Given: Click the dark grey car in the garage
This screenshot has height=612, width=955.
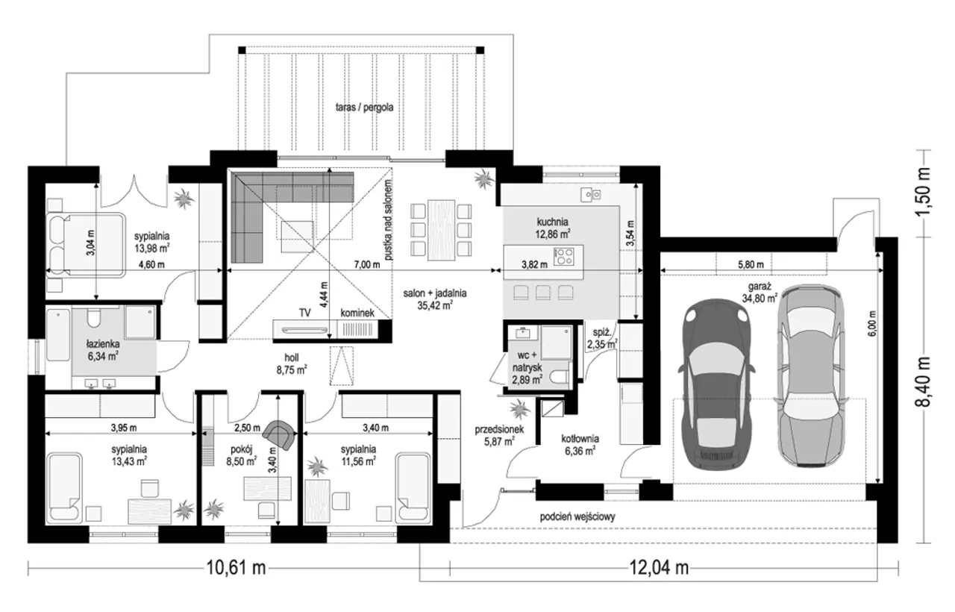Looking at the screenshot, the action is (x=718, y=384).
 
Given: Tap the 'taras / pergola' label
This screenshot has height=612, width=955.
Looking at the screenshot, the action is (x=364, y=107).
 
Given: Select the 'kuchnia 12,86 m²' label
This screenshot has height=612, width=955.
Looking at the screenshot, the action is (x=553, y=228).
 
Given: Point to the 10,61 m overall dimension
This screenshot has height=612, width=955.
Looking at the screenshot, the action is (x=237, y=568).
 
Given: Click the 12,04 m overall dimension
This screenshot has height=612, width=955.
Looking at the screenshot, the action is (x=659, y=568).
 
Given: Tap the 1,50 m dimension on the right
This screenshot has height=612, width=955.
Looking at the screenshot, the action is (x=924, y=193).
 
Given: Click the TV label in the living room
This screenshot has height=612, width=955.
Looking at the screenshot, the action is (x=305, y=313).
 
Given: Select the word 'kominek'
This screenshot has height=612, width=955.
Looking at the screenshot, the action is (x=357, y=313).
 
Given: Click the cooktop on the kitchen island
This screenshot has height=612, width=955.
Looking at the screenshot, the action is (x=563, y=256).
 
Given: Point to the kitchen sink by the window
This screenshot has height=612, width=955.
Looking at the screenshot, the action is (x=591, y=195).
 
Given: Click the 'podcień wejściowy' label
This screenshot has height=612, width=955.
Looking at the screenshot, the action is (x=577, y=517).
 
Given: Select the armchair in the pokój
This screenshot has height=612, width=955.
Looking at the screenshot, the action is (x=280, y=434).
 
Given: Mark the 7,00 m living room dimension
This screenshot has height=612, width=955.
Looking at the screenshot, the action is (x=366, y=264).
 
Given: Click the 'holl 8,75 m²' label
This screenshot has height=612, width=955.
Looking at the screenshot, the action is (x=292, y=363).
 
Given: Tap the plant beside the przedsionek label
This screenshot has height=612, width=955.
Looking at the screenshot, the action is (x=519, y=410).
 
